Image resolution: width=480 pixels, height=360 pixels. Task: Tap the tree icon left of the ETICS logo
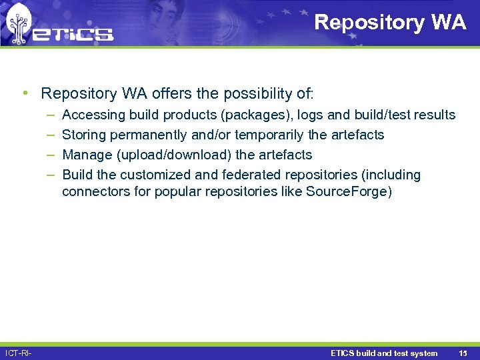pos(18,25)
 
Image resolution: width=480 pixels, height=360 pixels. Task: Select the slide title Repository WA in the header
pos(390,22)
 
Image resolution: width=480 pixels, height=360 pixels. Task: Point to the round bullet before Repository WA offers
pos(25,92)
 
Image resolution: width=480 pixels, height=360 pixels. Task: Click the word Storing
pos(84,135)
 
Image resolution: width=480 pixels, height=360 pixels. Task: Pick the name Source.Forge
pos(346,192)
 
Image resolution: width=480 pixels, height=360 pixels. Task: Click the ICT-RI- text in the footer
pos(18,353)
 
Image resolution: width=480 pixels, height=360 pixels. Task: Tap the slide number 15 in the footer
pos(463,353)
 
